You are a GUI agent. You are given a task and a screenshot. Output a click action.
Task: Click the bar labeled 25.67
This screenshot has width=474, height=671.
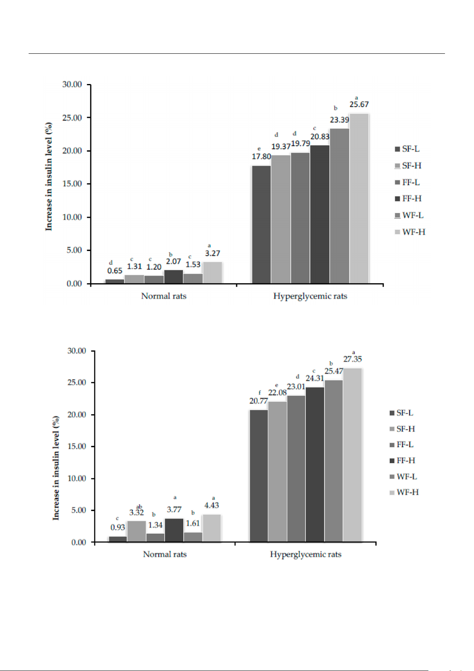coord(359,198)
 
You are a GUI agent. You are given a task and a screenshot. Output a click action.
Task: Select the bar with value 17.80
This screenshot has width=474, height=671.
coord(261,224)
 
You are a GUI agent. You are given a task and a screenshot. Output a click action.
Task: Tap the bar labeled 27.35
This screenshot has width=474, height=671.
coord(352,455)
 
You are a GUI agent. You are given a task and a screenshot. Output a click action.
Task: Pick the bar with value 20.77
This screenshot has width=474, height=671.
coord(258,476)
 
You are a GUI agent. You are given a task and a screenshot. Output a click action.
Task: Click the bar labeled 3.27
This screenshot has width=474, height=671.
coord(212,273)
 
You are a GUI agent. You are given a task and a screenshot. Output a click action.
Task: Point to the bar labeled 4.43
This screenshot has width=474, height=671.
coord(212,528)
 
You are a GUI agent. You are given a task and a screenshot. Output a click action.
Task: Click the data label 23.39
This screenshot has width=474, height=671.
coord(340,120)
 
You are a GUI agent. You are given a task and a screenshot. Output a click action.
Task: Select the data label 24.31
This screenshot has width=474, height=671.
coord(315,378)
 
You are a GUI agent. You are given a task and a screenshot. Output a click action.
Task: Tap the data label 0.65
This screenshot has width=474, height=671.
coord(115,271)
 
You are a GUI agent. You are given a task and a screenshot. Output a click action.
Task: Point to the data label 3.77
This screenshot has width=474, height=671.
coord(174,509)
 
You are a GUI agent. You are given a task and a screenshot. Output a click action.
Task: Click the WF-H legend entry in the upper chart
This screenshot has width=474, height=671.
coord(410,232)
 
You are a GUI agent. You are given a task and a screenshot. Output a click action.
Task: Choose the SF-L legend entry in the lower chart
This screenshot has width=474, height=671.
coord(401,413)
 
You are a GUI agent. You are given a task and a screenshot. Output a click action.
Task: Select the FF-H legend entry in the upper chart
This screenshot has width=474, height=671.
coord(408,199)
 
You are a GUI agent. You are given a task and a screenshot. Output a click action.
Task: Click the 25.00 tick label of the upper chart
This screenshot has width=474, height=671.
coord(72,118)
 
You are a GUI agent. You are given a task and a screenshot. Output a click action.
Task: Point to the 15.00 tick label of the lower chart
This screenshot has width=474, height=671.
coord(77,446)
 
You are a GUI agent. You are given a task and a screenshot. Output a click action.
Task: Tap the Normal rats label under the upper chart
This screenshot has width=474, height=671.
coord(164,296)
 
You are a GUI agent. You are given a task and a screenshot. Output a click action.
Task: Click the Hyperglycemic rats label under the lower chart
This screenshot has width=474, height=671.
coord(305,554)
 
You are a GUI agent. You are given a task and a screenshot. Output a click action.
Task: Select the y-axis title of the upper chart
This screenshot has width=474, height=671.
coord(49,176)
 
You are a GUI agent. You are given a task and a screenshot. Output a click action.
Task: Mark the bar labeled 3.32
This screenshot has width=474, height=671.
coord(136,531)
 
